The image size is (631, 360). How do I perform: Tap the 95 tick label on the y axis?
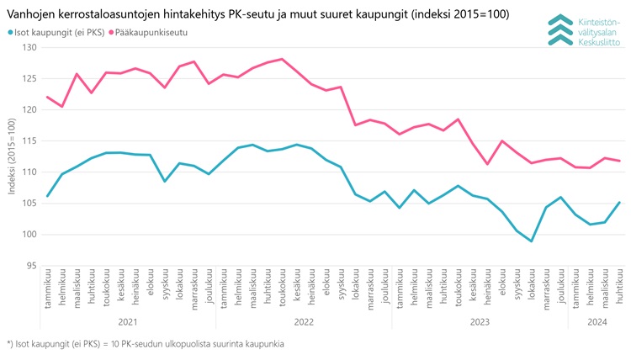pyautogui.click(x=30, y=265)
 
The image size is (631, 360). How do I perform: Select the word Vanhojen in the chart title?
pyautogui.click(x=33, y=13)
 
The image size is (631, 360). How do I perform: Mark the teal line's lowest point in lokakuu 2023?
pyautogui.click(x=531, y=241)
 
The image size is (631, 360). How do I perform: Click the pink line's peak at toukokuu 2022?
pyautogui.click(x=282, y=59)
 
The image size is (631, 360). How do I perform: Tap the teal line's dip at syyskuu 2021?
pyautogui.click(x=165, y=181)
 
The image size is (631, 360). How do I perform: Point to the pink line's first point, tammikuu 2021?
pyautogui.click(x=48, y=97)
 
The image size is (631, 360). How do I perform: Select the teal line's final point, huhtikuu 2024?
pyautogui.click(x=619, y=202)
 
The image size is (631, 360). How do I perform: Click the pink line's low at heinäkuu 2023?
pyautogui.click(x=487, y=164)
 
